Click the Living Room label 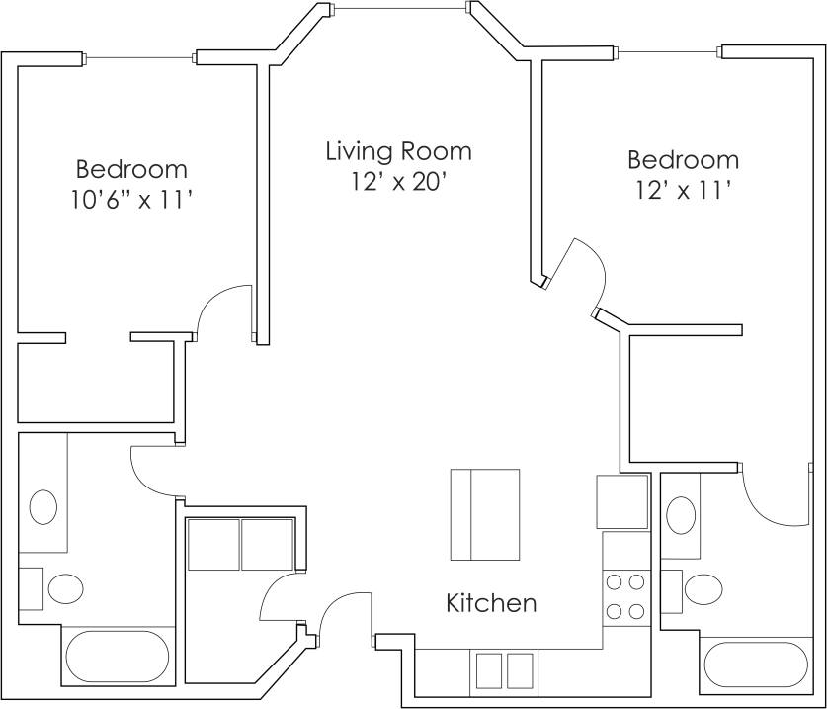(398, 151)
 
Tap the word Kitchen (491, 602)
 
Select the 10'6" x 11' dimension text (130, 200)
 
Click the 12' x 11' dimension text (683, 190)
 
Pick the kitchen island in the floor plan (485, 514)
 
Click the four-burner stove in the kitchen (624, 597)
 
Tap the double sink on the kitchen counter (505, 670)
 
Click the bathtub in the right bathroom (756, 665)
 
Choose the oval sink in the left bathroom (43, 507)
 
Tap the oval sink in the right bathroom (681, 515)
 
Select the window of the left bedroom (139, 58)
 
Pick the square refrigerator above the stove (621, 502)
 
